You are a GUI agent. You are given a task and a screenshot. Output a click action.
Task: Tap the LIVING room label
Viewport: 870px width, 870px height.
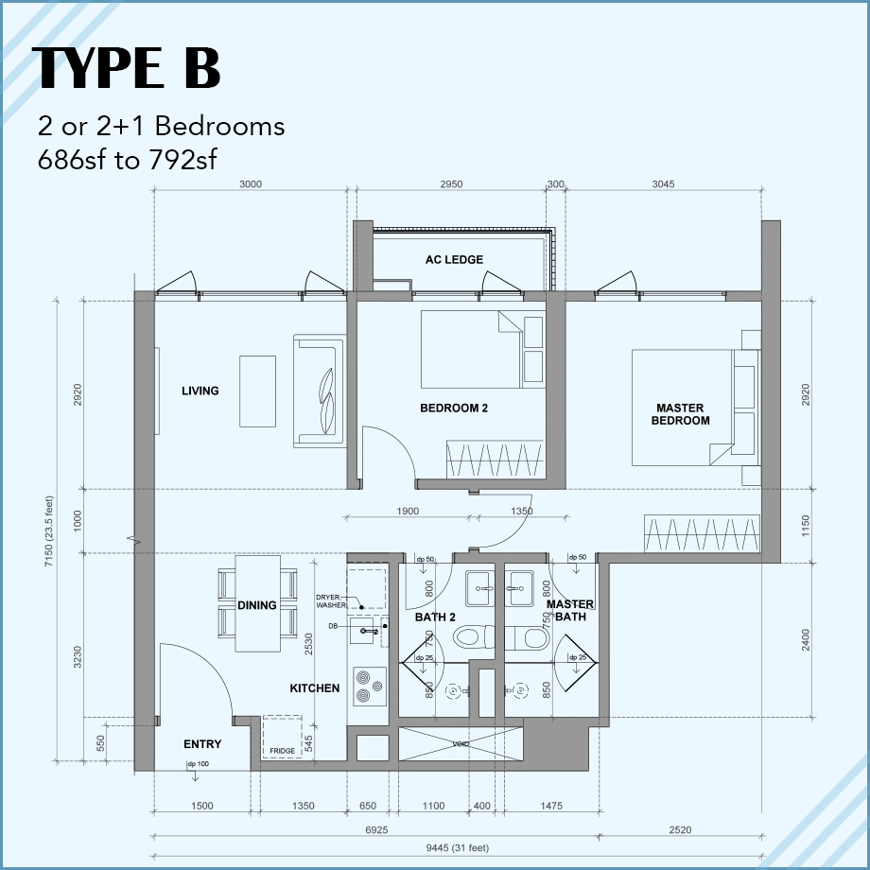point(200,391)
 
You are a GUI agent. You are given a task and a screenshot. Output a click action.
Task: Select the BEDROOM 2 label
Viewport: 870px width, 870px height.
point(454,409)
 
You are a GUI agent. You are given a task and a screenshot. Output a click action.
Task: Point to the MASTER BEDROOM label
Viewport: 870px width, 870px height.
point(680,414)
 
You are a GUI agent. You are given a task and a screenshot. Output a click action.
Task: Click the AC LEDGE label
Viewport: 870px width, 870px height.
point(454,260)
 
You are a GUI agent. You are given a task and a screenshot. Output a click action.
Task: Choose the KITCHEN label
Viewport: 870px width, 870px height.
point(315,688)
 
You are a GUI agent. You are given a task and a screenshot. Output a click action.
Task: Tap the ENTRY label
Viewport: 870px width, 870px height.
point(202,745)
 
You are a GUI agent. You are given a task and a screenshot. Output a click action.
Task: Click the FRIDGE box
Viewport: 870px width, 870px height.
point(282,737)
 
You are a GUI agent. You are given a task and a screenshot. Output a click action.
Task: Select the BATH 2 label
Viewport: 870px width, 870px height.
point(435,618)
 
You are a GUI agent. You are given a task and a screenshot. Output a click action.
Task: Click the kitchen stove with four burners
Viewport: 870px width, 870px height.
point(367,686)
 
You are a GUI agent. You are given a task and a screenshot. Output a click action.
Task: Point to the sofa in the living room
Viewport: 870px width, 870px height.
point(317,390)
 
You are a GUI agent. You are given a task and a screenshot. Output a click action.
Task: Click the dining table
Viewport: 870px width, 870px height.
point(257,603)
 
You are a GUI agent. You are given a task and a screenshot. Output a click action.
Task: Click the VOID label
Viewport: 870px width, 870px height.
point(461,744)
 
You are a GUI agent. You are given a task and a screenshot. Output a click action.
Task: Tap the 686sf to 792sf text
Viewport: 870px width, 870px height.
point(128,159)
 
